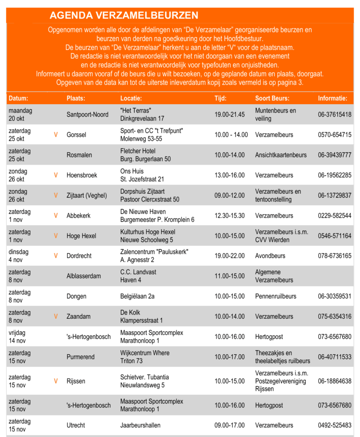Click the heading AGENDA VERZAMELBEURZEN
pyautogui.click(x=124, y=16)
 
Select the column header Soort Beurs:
pyautogui.click(x=272, y=98)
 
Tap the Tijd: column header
pyautogui.click(x=220, y=98)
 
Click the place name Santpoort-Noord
pyautogui.click(x=88, y=114)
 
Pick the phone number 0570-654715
pyautogui.click(x=334, y=135)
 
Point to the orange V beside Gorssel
pyautogui.click(x=56, y=135)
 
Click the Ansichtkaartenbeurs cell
pyautogui.click(x=281, y=155)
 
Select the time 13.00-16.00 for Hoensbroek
pyautogui.click(x=229, y=175)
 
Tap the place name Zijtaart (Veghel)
pyautogui.click(x=87, y=195)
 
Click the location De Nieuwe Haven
pyautogui.click(x=143, y=212)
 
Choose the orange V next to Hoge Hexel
pyautogui.click(x=56, y=236)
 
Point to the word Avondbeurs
pyautogui.click(x=271, y=256)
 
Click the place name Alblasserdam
pyautogui.click(x=84, y=276)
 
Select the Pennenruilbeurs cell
pyautogui.click(x=276, y=296)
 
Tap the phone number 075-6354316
pyautogui.click(x=334, y=317)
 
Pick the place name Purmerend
pyautogui.click(x=80, y=357)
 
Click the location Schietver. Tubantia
pyautogui.click(x=144, y=377)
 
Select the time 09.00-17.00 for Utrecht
pyautogui.click(x=229, y=425)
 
